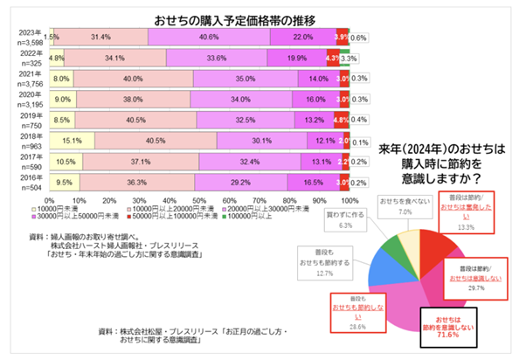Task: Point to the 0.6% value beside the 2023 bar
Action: click(358, 38)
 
